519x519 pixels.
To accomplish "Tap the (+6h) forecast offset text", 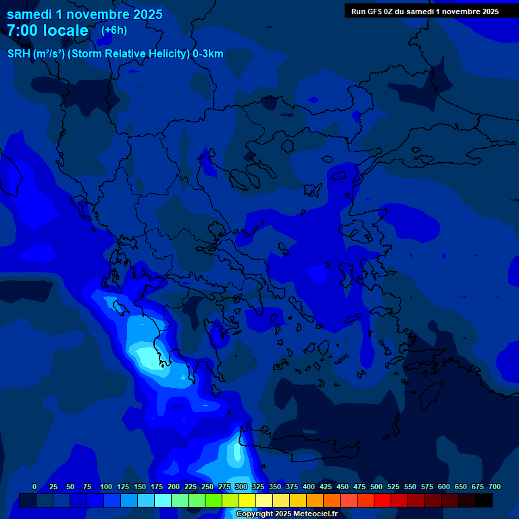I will click(114, 30).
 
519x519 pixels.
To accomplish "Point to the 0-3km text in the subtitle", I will click(208, 54).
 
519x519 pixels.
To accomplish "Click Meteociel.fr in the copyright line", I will click(315, 514).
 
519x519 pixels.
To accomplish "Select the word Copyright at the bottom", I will click(256, 514).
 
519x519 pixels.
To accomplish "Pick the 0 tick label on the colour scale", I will click(34, 487).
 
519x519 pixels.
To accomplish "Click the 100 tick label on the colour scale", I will click(106, 487).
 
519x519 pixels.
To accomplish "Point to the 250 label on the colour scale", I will click(207, 487).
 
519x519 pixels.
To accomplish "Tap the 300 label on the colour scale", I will click(241, 487).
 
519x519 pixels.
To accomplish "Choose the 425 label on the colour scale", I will click(326, 487).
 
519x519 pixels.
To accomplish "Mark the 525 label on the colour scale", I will click(393, 487).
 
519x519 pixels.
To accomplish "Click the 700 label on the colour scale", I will click(495, 487).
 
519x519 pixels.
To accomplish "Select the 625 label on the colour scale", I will click(444, 487).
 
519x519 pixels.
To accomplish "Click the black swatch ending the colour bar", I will click(484, 500).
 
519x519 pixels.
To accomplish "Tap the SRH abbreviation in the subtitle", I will click(18, 54).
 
